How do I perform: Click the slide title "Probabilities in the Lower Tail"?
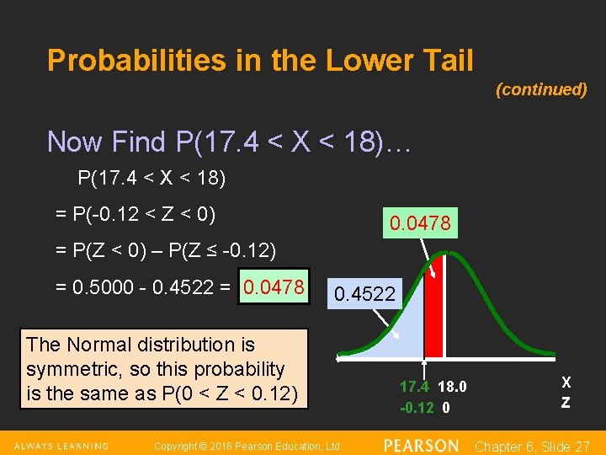click(260, 61)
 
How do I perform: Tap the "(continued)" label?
click(541, 89)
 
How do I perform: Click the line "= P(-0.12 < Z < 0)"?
click(136, 215)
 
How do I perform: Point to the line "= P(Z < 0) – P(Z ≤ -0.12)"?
click(165, 250)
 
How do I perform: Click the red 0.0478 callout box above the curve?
click(420, 223)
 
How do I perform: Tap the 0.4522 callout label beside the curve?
click(364, 294)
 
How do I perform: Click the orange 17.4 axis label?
click(414, 387)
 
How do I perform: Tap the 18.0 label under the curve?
click(453, 387)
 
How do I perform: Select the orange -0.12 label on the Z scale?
click(417, 407)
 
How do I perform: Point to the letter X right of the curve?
click(566, 383)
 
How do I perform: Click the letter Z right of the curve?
click(566, 403)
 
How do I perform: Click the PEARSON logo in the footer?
click(421, 445)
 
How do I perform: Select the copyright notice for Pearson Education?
click(247, 446)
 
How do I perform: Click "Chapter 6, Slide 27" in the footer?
click(533, 446)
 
